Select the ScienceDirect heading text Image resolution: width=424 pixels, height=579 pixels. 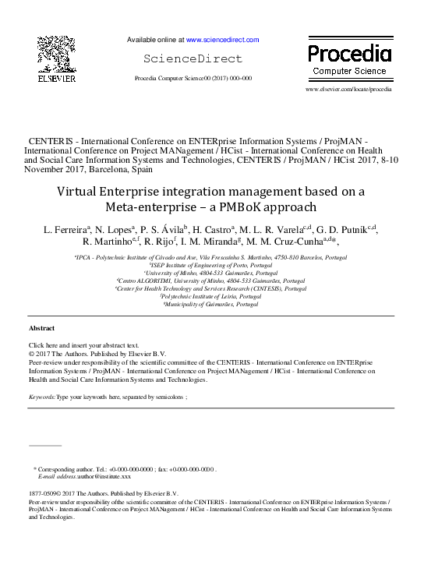193,58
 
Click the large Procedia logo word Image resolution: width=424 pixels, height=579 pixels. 348,53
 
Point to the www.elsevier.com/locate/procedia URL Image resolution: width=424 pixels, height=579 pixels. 348,90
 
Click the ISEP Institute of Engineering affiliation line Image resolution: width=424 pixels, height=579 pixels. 211,265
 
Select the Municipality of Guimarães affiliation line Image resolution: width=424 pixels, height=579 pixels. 210,305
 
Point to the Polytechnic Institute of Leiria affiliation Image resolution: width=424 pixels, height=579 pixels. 211,297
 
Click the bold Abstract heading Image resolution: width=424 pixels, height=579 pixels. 42,329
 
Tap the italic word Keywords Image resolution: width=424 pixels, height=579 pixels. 41,397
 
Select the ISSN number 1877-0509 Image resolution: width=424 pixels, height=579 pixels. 41,493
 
